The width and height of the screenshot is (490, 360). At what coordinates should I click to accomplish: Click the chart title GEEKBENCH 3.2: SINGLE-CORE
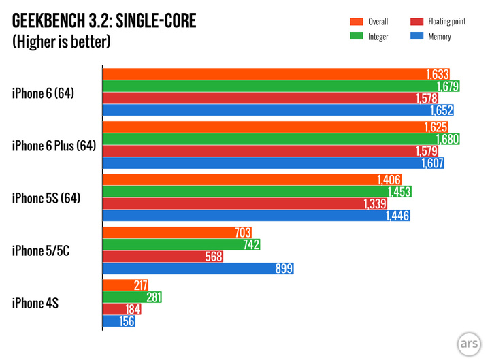tap(103, 21)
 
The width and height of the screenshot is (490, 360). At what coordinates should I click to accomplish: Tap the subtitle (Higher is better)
tap(61, 42)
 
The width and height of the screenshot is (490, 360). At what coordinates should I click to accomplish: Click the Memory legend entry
tap(439, 37)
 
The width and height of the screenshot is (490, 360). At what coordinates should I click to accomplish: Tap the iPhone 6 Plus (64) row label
tap(54, 146)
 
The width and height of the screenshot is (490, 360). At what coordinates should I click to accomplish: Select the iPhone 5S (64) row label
tap(46, 198)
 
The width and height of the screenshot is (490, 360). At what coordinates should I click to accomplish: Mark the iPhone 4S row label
tap(35, 304)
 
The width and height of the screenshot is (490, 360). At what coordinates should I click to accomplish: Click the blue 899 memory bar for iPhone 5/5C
tap(197, 269)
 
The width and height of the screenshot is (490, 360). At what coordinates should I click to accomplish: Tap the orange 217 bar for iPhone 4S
tap(125, 285)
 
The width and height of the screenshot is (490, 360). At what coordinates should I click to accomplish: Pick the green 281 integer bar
tap(131, 297)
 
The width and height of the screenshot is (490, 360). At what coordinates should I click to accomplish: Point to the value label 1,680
tap(448, 140)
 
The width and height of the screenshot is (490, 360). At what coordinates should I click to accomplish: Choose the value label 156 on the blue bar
tap(126, 321)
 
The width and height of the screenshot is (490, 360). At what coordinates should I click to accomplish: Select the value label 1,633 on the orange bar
tap(439, 74)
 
